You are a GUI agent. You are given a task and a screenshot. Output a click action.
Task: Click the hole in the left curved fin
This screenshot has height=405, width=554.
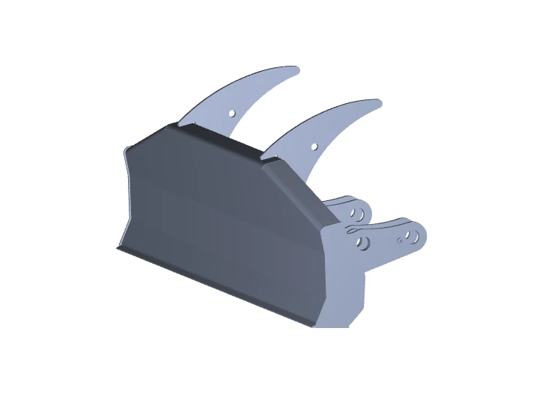click(x=232, y=113)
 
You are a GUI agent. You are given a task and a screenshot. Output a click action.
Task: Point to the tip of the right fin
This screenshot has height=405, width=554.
click(x=380, y=102)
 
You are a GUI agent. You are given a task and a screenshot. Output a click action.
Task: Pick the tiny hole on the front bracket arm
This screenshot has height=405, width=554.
click(x=399, y=241)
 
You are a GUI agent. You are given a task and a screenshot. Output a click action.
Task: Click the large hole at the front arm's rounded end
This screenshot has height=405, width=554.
click(x=410, y=237)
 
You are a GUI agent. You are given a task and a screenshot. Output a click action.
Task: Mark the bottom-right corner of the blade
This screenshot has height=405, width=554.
click(x=313, y=325)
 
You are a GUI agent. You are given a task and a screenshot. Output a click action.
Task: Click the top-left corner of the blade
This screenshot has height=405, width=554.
click(x=125, y=152)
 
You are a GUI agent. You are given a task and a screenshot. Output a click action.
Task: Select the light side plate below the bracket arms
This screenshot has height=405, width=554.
click(x=344, y=291)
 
